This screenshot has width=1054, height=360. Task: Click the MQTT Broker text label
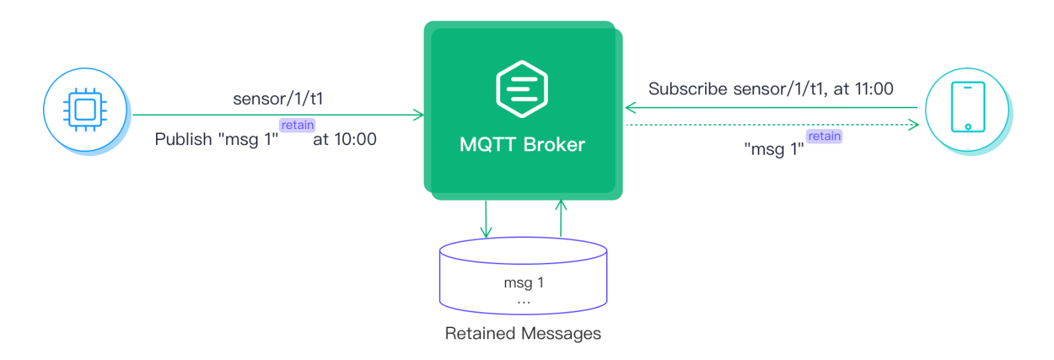click(522, 145)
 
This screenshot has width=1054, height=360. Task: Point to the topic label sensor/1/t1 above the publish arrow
click(278, 98)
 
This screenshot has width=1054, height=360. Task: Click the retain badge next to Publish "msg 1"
click(297, 125)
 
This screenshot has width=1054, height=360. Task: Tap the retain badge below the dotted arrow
click(824, 136)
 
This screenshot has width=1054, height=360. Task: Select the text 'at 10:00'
click(345, 139)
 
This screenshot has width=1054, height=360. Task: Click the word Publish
click(183, 139)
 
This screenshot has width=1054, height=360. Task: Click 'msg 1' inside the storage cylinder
click(523, 284)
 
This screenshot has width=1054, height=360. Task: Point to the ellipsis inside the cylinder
click(524, 302)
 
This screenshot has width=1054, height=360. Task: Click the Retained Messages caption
click(523, 334)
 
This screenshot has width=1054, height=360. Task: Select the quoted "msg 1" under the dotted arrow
click(773, 148)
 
